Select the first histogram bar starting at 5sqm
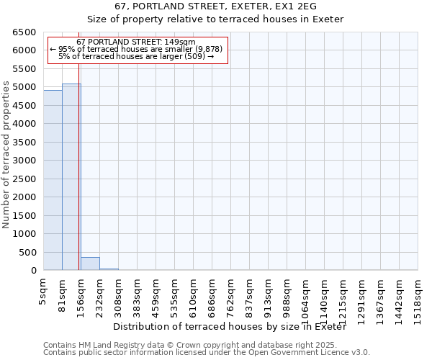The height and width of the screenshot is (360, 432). click(53, 180)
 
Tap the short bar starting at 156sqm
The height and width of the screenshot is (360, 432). click(90, 264)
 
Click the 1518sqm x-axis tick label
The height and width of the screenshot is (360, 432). click(418, 296)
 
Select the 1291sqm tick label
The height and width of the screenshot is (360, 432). click(362, 296)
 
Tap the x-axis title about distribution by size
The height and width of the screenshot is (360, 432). click(230, 327)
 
